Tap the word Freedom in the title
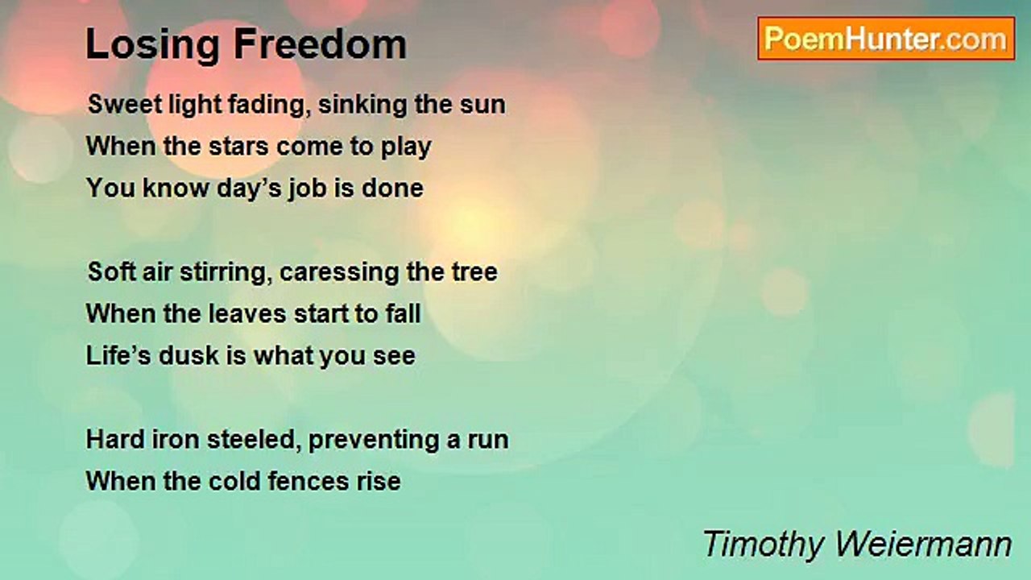tap(321, 43)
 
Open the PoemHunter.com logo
tap(886, 39)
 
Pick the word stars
tap(238, 147)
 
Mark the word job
tap(308, 189)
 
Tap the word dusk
tap(188, 356)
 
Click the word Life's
tap(118, 356)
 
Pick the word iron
tap(176, 440)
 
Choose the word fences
tap(308, 482)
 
